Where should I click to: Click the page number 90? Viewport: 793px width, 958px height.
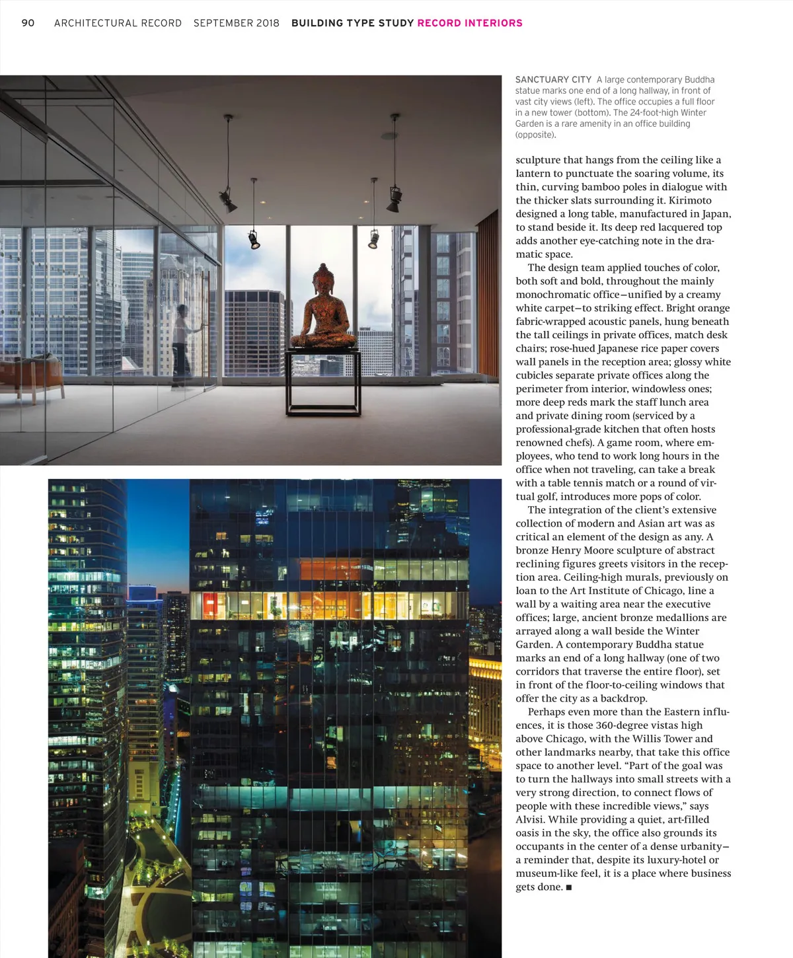coord(28,23)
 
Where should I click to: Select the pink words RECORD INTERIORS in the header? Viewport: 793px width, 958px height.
coord(469,23)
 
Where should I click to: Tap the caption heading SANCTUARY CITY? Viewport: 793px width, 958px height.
coord(553,80)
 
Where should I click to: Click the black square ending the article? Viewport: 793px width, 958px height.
coord(569,887)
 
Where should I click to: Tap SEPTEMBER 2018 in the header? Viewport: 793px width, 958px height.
coord(236,23)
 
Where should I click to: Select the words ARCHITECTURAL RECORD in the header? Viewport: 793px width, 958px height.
coord(118,23)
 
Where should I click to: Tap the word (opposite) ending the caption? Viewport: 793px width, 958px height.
coord(535,135)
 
